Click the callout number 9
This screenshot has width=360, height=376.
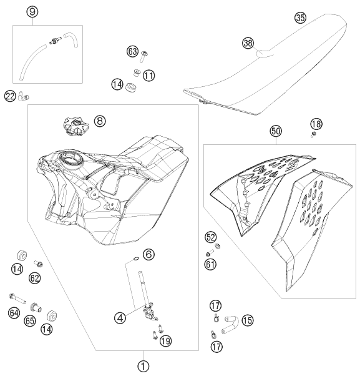pyautogui.click(x=32, y=12)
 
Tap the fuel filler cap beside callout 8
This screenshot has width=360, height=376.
pyautogui.click(x=75, y=126)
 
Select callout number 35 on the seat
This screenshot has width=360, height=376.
pyautogui.click(x=300, y=17)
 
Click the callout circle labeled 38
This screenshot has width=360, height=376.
pyautogui.click(x=248, y=43)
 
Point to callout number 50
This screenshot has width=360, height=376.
pyautogui.click(x=276, y=131)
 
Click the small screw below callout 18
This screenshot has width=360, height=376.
pyautogui.click(x=313, y=134)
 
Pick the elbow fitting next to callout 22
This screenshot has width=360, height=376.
pyautogui.click(x=23, y=96)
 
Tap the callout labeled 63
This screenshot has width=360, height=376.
pyautogui.click(x=132, y=52)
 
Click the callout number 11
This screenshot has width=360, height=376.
pyautogui.click(x=148, y=76)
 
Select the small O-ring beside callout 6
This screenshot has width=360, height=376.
pyautogui.click(x=135, y=258)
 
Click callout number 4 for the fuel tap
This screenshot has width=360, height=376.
pyautogui.click(x=120, y=318)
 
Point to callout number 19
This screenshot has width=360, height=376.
pyautogui.click(x=166, y=341)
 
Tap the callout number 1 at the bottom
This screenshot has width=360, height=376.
pyautogui.click(x=144, y=367)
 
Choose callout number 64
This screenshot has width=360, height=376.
pyautogui.click(x=14, y=313)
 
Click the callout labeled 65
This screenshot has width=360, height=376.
pyautogui.click(x=30, y=320)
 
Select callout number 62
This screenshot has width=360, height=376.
pyautogui.click(x=34, y=278)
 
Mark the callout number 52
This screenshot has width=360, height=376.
pyautogui.click(x=210, y=237)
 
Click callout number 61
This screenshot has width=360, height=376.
pyautogui.click(x=210, y=264)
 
